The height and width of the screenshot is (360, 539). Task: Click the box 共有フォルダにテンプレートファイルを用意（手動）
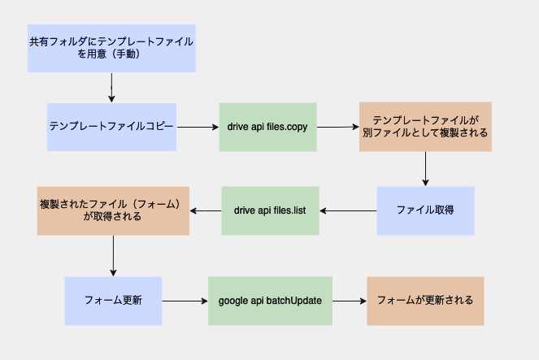coord(111,49)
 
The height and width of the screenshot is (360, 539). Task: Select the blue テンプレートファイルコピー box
coord(111,127)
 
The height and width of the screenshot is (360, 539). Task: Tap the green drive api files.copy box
coord(267,127)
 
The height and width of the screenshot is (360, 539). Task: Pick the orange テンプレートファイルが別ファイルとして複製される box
coord(425,127)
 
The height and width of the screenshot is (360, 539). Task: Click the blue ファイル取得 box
coord(425,211)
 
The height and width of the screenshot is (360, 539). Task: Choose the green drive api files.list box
coord(270,211)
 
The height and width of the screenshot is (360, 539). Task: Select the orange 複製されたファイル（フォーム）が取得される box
coord(113,211)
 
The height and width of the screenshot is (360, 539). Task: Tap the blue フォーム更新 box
coord(113,301)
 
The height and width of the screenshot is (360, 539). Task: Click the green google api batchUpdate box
coord(270,301)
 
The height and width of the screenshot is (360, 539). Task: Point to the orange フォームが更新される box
coord(425,301)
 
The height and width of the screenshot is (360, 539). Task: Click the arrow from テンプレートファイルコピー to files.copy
coord(198,127)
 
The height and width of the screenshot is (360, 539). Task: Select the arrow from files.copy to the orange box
coord(338,127)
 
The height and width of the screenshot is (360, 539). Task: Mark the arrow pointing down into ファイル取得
coord(425,169)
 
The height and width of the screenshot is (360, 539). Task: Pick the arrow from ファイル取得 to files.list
coord(348,211)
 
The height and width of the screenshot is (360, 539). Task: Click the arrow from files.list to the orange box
coord(206,211)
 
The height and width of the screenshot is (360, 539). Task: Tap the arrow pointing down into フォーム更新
coord(113,256)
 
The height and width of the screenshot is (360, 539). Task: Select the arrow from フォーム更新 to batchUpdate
coord(185,301)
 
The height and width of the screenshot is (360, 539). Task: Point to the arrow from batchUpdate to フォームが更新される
coord(350,301)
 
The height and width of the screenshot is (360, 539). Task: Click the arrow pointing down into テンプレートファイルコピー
coord(111,88)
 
